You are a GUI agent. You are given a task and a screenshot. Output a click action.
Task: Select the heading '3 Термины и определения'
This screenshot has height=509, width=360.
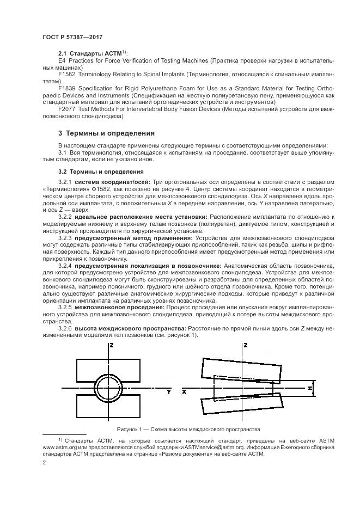pos(106,133)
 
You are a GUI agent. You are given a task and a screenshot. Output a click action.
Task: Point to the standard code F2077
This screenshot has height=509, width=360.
pos(66,108)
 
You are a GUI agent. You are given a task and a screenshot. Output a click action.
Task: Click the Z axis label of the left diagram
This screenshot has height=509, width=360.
pos(111,345)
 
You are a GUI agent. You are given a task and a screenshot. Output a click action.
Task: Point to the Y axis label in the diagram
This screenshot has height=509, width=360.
pos(169,391)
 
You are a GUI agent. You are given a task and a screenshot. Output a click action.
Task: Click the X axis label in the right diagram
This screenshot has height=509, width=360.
pos(185,391)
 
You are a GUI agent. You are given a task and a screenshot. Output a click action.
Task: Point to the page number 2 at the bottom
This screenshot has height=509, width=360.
pos(44,463)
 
